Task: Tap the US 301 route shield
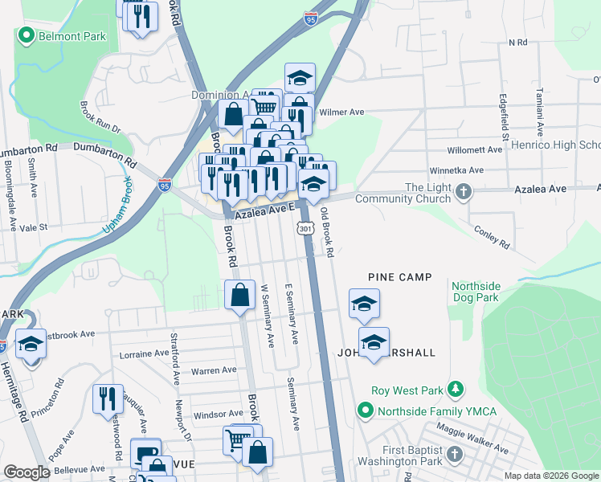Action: click(x=305, y=231)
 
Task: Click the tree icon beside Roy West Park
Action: click(x=456, y=390)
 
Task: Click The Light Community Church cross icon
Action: click(x=463, y=193)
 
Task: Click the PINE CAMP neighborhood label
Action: click(x=400, y=277)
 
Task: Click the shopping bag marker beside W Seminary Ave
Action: click(x=240, y=296)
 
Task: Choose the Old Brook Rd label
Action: click(x=327, y=233)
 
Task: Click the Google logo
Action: click(x=27, y=472)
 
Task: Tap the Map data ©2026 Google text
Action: click(x=550, y=476)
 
